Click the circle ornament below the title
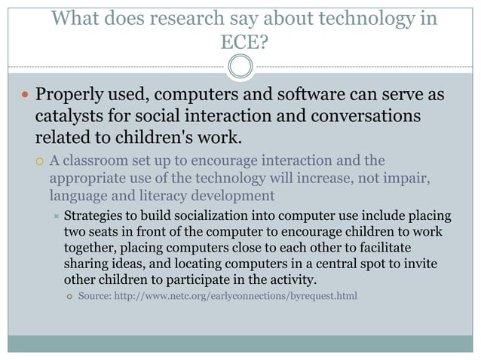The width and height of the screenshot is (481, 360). pyautogui.click(x=240, y=66)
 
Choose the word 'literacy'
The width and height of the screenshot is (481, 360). pyautogui.click(x=168, y=197)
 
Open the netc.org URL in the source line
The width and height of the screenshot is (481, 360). pyautogui.click(x=234, y=296)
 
